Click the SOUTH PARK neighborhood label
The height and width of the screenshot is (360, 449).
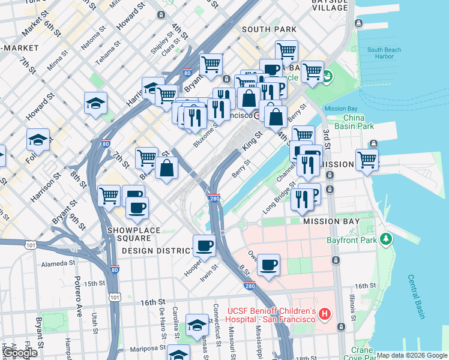pyautogui.click(x=269, y=29)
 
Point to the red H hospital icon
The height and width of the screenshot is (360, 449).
pyautogui.click(x=325, y=313)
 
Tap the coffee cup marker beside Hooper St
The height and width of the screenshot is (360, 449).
pyautogui.click(x=204, y=246)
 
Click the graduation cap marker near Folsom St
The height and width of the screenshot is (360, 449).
pyautogui.click(x=38, y=141)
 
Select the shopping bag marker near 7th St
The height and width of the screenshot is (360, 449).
pyautogui.click(x=167, y=169)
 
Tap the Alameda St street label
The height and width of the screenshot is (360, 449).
pyautogui.click(x=58, y=263)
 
